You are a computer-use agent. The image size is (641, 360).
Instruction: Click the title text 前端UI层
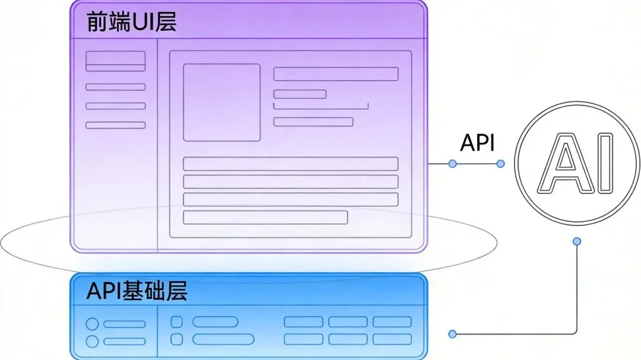coord(131,22)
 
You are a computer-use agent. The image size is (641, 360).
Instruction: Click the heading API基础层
coord(137,291)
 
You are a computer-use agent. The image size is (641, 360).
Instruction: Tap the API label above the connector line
coord(478,143)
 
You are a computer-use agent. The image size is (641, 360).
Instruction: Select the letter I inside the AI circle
coord(605,163)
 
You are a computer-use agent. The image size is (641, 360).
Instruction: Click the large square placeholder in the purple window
coord(221,103)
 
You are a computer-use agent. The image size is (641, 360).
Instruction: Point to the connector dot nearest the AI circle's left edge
coord(500,164)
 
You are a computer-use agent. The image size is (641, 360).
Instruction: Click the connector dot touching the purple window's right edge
coord(452,164)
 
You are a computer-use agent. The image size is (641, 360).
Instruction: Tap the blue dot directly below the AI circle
coord(576,241)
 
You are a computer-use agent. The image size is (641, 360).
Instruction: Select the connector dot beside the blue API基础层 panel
coord(452,334)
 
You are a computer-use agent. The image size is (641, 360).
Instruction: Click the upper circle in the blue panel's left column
coord(92,324)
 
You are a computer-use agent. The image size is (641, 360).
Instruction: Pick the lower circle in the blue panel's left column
coord(92,341)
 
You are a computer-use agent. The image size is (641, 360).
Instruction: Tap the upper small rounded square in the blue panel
coord(176,322)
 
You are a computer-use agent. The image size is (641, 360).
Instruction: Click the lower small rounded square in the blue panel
coord(176,339)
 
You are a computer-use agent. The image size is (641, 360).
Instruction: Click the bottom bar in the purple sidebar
coord(116,125)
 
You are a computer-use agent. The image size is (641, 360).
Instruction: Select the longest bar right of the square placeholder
coord(335,74)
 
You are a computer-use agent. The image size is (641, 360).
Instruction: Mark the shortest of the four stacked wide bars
coord(265,217)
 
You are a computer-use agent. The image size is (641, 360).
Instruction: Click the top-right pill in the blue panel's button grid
coord(392,322)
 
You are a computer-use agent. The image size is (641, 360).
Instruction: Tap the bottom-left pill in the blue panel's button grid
coord(303,339)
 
